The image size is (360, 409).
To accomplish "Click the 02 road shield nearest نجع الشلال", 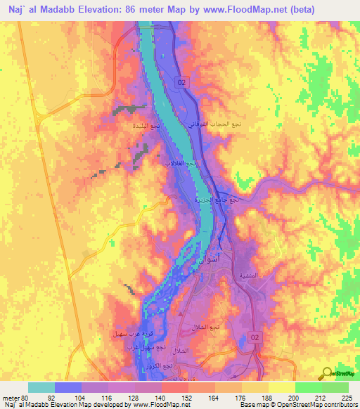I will [254, 338].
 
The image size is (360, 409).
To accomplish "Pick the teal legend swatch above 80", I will [41, 387].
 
